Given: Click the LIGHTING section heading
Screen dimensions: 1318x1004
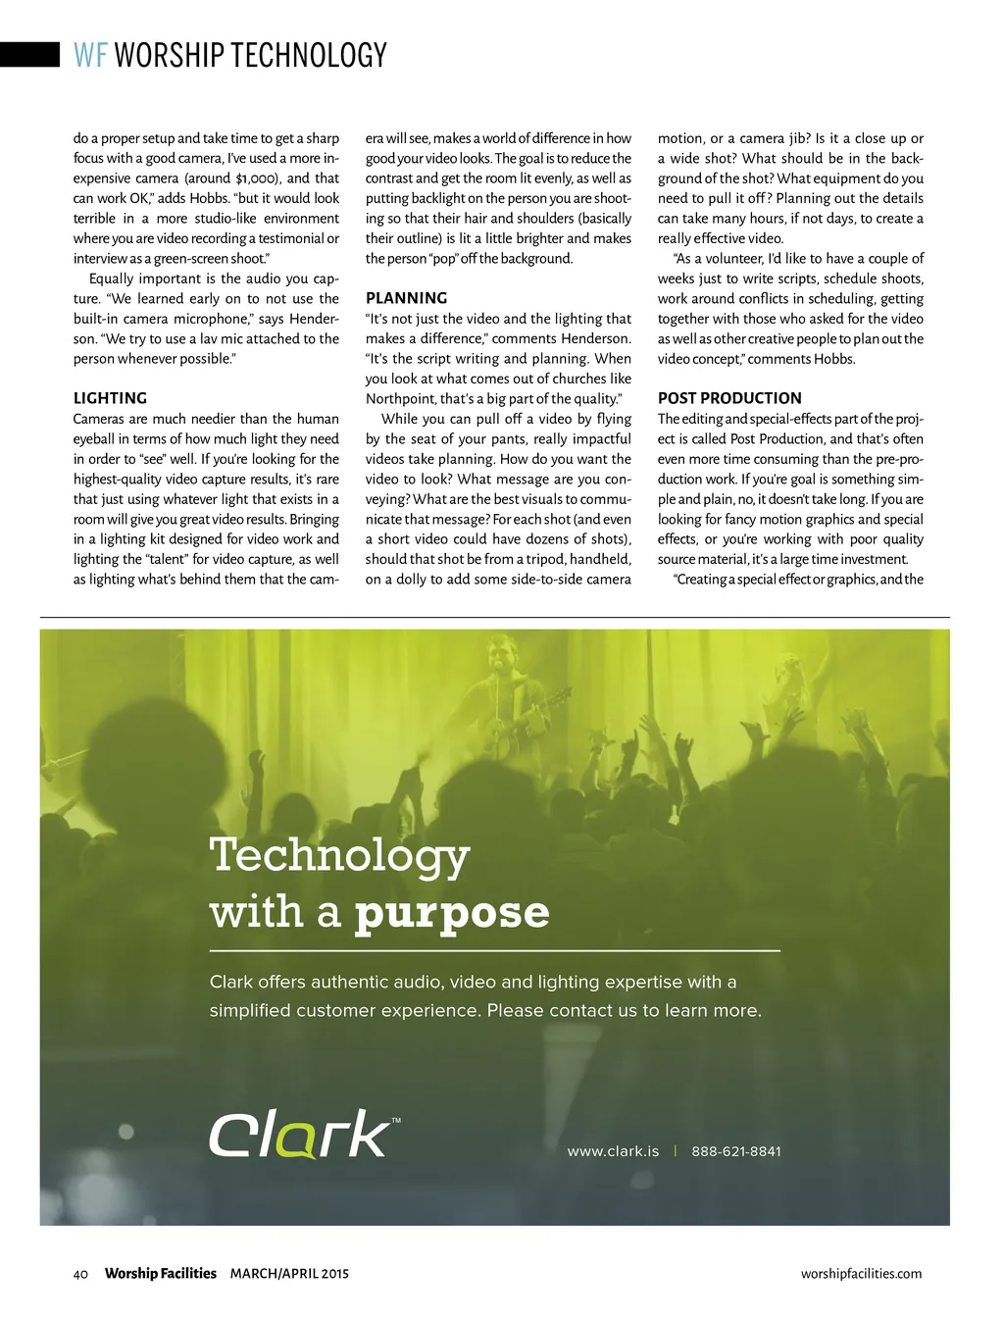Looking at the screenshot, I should (110, 398).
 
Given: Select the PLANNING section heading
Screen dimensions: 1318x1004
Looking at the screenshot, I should (406, 298).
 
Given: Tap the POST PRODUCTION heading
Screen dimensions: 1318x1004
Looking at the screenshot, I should (729, 398).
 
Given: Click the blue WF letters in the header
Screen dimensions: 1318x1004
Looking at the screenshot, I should (90, 55).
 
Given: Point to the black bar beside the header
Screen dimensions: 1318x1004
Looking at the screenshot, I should (29, 54).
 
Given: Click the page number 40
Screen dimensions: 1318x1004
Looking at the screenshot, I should (80, 1274).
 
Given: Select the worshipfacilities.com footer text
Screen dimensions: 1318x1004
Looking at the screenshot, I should (861, 1274).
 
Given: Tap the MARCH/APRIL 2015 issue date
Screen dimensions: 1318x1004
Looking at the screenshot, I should (289, 1274).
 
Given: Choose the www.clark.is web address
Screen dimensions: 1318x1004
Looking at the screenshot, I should (613, 1151).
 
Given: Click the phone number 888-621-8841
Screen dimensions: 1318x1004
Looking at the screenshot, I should (736, 1151).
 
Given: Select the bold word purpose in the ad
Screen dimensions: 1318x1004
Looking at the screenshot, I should (452, 913).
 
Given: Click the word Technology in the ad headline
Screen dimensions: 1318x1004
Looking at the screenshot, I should (339, 855).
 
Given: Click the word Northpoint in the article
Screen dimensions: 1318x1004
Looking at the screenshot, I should (401, 399).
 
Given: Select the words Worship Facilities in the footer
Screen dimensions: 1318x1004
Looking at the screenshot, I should (160, 1274).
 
